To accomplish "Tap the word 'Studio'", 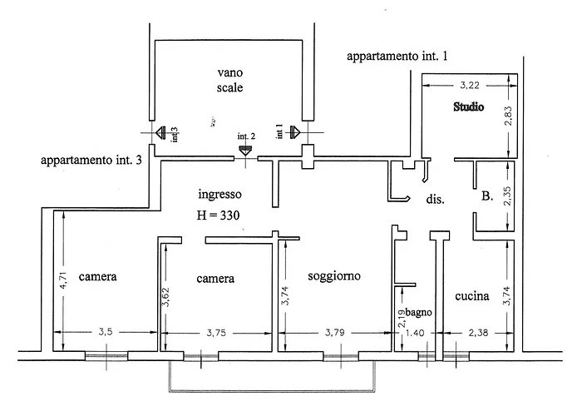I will (467, 107).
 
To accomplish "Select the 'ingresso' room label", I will (219, 195).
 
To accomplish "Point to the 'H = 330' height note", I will (219, 215).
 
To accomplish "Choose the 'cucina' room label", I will (471, 295).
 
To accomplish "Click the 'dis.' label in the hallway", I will (434, 200).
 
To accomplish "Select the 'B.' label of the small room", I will (488, 197).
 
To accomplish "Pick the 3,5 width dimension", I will (106, 332).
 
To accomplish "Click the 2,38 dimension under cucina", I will (478, 333).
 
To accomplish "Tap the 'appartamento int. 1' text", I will (397, 57).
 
